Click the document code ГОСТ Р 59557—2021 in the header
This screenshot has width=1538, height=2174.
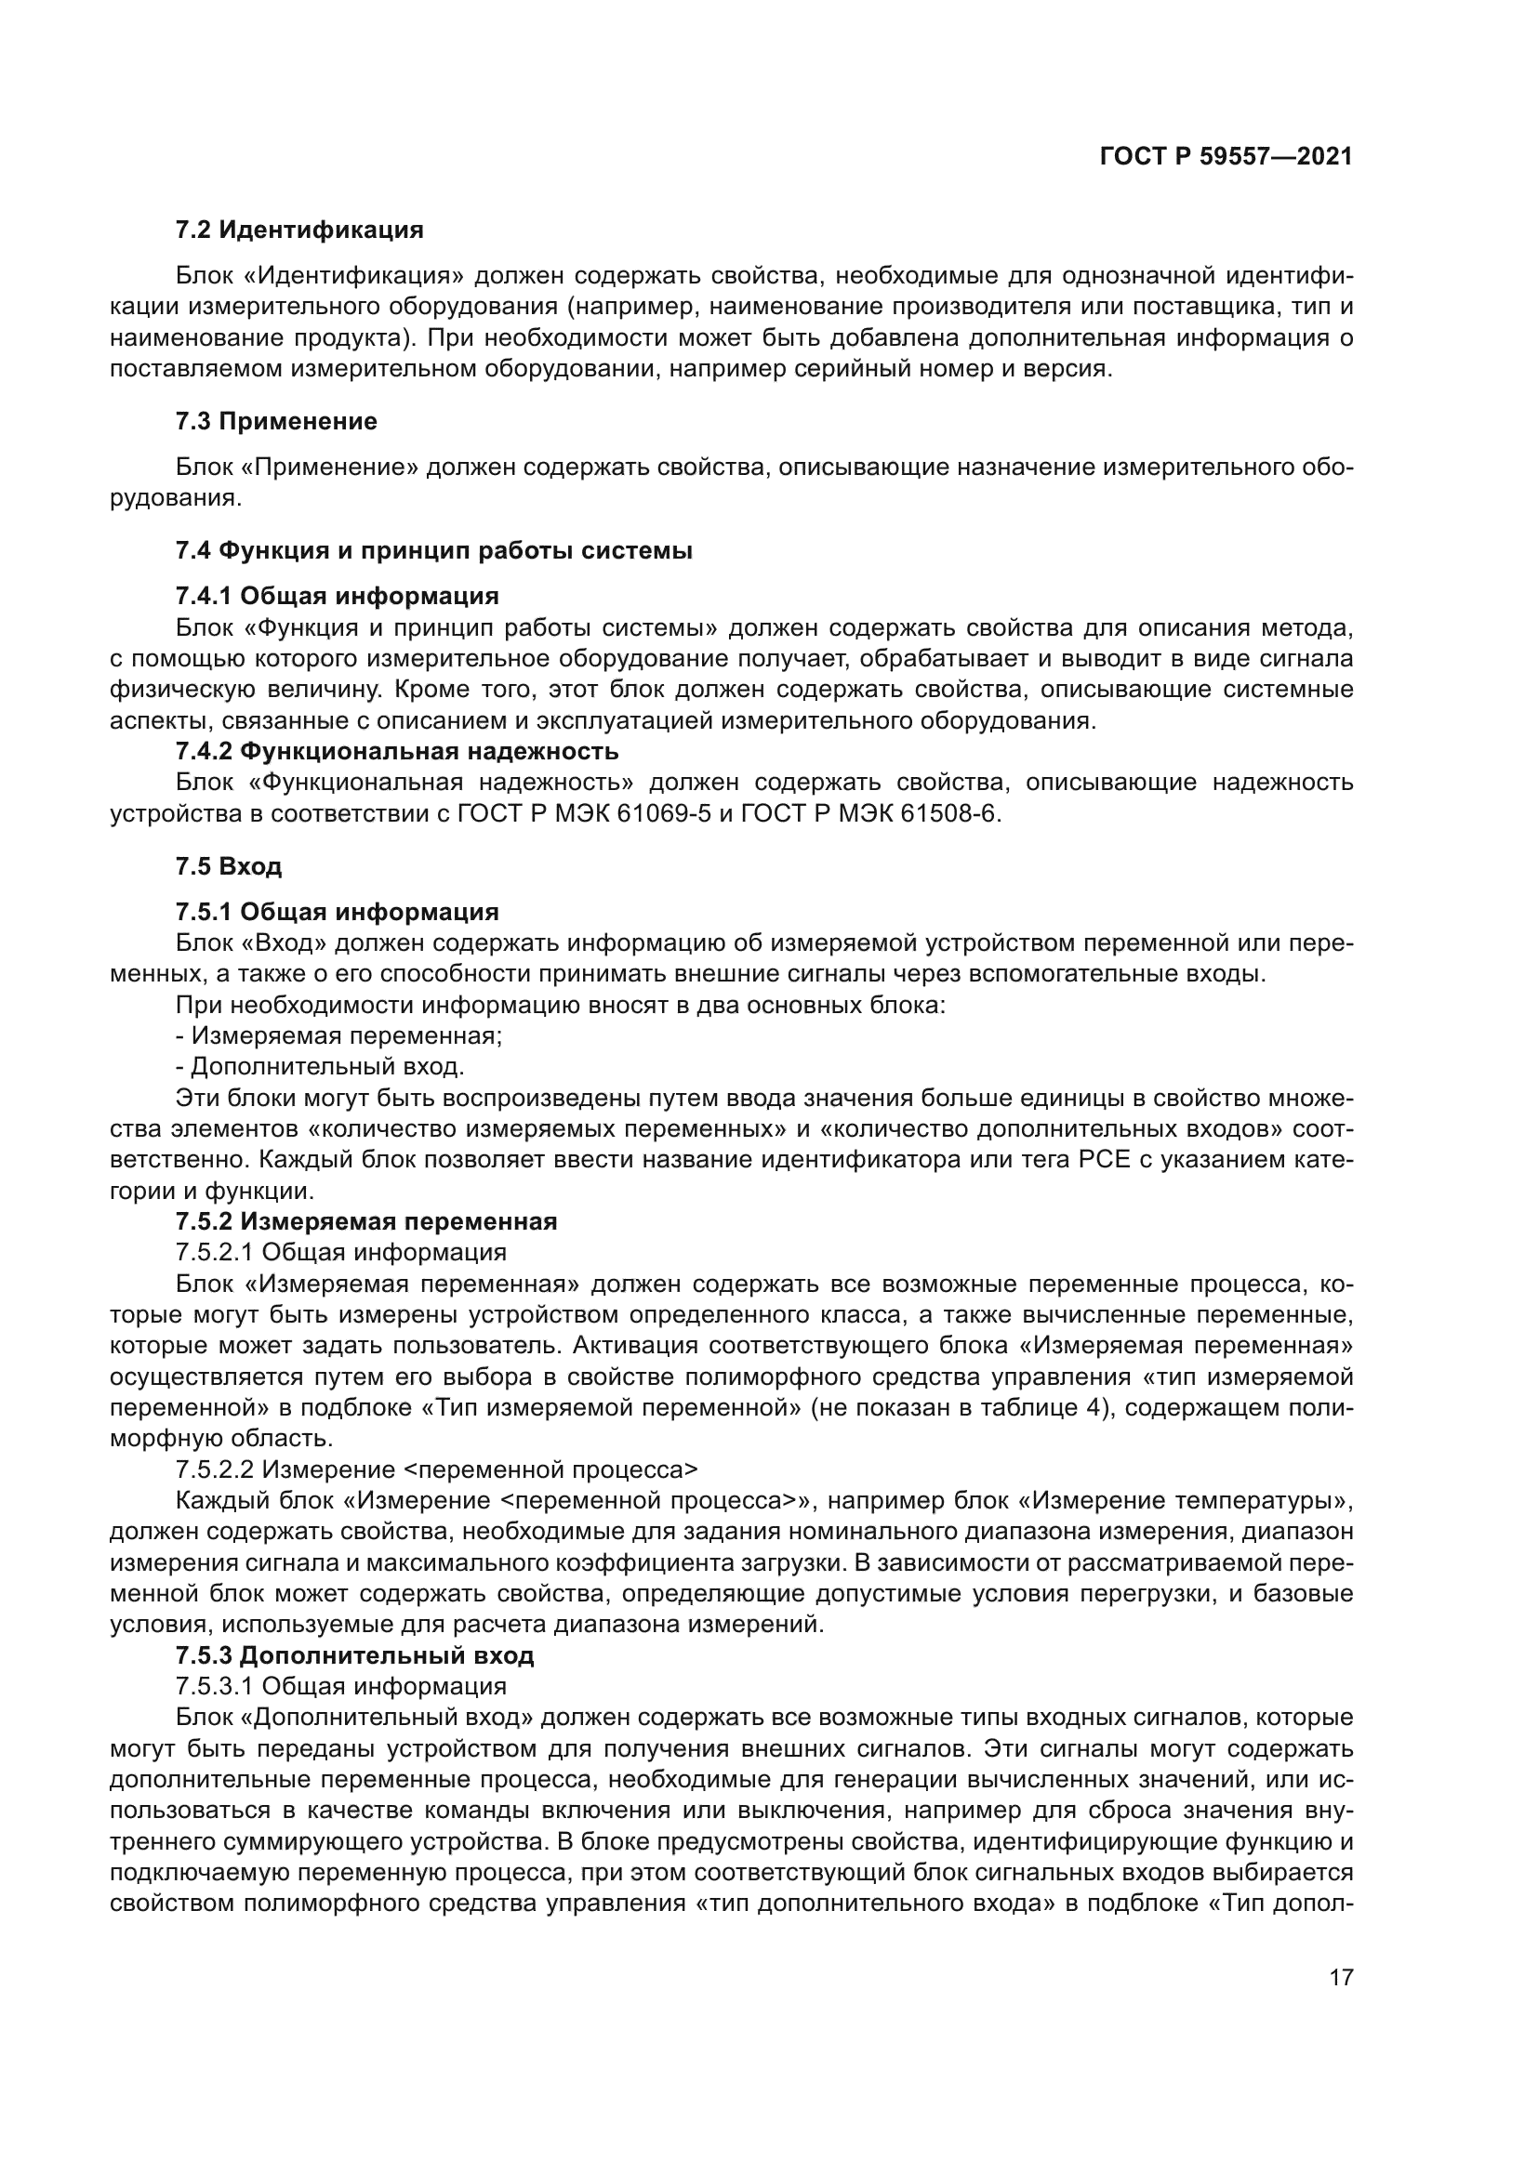pos(1226,156)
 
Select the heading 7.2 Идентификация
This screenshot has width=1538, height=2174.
pos(299,231)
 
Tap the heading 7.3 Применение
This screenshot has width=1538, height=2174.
pos(276,421)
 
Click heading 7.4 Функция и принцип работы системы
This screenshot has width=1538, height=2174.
pos(433,550)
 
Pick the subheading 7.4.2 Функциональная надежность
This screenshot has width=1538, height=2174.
pos(397,751)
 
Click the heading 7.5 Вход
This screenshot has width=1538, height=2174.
pos(228,865)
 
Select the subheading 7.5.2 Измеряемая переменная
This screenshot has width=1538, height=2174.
pos(366,1220)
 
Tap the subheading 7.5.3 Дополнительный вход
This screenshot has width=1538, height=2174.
pos(355,1655)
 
